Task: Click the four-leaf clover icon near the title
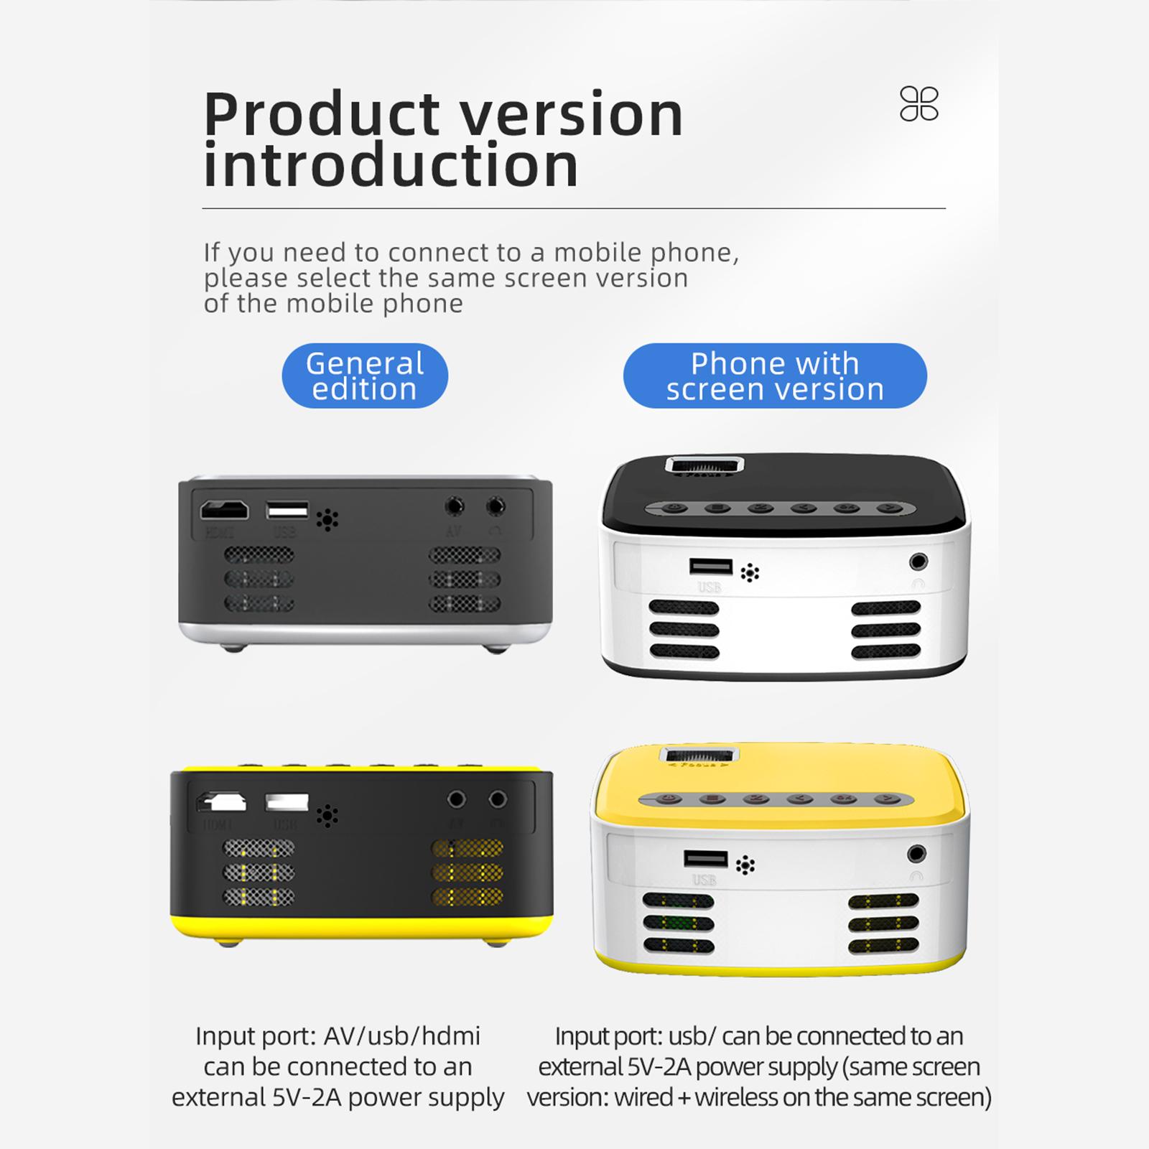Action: (x=919, y=104)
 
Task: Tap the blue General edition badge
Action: (x=365, y=376)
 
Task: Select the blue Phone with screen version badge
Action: (x=775, y=376)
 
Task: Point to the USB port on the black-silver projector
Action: (x=287, y=510)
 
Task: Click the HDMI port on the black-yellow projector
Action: (x=222, y=801)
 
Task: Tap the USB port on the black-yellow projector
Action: (x=287, y=802)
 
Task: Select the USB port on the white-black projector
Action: (x=711, y=567)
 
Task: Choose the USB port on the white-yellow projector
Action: (x=706, y=859)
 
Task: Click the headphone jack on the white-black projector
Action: (x=918, y=562)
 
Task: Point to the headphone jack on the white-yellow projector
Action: (x=916, y=854)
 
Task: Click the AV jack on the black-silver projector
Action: (x=454, y=506)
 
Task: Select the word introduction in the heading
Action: (x=391, y=165)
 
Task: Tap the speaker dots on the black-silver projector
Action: (x=327, y=520)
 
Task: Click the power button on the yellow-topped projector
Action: (x=669, y=799)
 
